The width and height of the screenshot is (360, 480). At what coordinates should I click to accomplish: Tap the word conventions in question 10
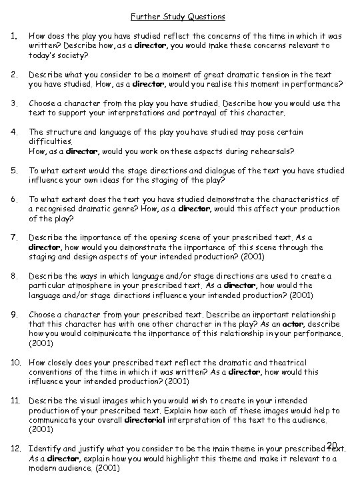(55, 372)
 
